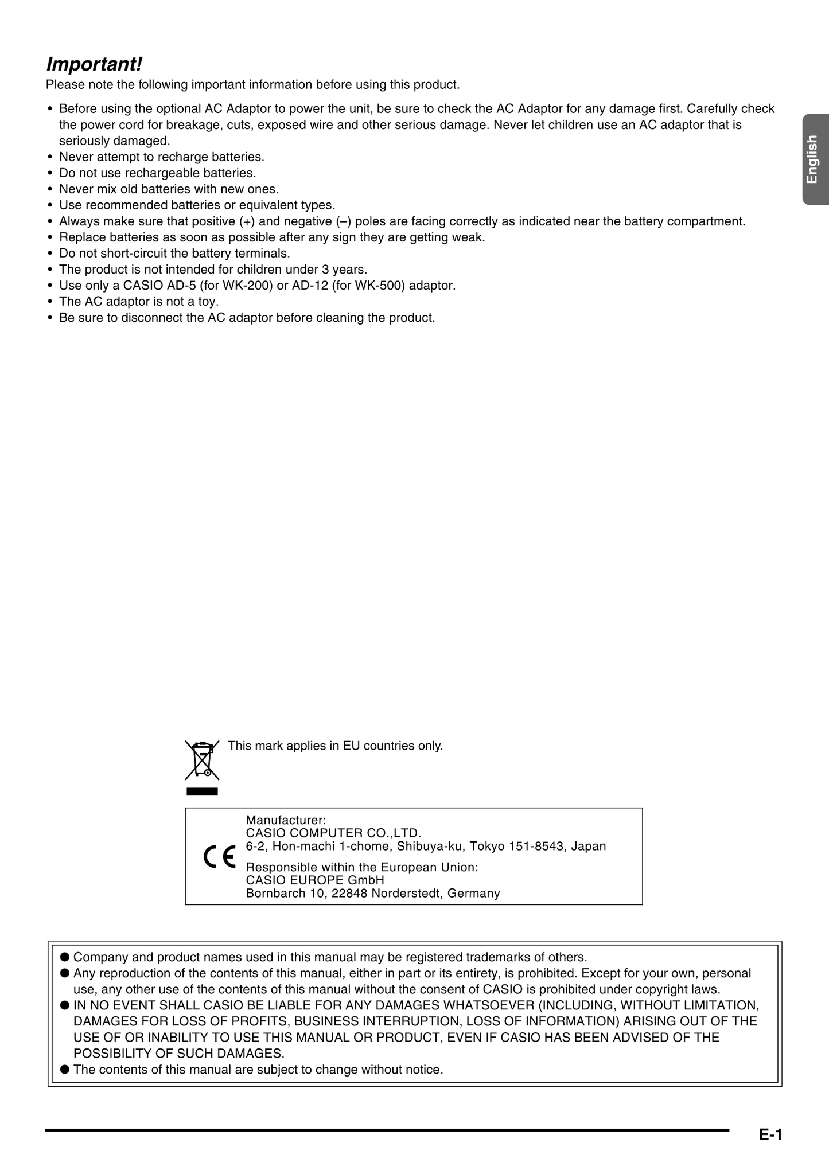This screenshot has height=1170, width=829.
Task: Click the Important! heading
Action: point(94,64)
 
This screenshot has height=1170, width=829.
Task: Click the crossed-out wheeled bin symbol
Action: point(202,760)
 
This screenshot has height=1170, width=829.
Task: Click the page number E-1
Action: point(770,1134)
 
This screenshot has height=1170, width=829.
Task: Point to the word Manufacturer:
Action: point(286,820)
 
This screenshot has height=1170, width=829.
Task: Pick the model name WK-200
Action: point(252,286)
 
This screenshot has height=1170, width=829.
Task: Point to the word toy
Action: point(208,302)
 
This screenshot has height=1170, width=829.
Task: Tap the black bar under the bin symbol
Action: point(202,792)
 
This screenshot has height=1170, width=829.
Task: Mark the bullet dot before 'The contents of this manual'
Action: point(65,1070)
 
